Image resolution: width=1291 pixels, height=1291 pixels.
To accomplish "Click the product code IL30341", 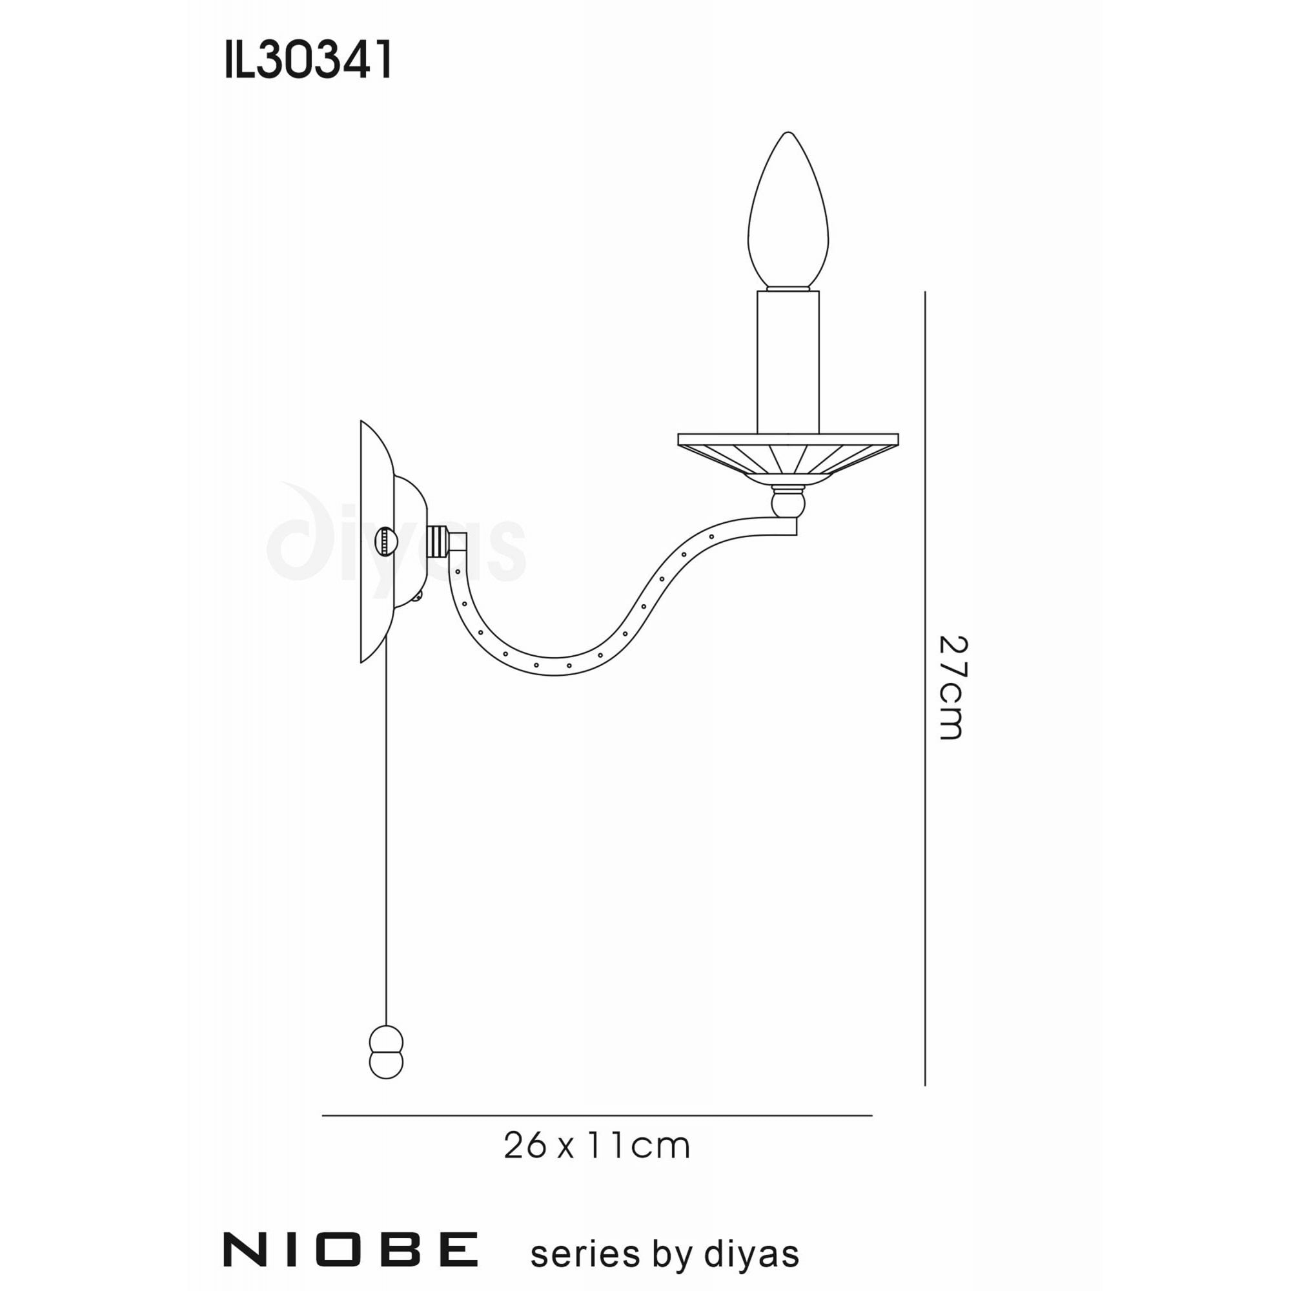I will coord(308,61).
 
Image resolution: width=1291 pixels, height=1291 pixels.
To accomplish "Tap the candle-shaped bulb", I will coord(788,214).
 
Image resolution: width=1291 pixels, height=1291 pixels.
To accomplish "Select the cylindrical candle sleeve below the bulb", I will coord(788,361).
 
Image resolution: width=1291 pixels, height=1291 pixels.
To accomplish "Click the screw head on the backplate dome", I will coord(386,542).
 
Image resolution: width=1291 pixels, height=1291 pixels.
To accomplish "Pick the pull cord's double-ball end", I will coord(386,1062).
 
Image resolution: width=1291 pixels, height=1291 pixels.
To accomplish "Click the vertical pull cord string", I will coord(386,835).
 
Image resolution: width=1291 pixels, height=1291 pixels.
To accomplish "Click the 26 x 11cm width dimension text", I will coord(596,1146).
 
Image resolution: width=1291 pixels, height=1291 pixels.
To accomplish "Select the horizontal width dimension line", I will coord(596,1115).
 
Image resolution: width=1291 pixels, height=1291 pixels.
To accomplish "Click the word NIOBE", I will coord(350,1249).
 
